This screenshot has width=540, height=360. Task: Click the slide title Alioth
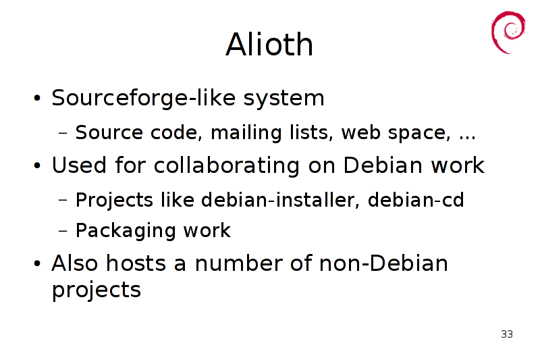269,44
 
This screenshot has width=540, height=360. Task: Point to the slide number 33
507,334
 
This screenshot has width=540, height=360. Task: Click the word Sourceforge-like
144,98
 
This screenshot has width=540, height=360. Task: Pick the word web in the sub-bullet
360,132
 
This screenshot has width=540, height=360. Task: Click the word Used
79,165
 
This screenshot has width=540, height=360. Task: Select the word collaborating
227,166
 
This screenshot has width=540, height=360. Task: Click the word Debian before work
383,165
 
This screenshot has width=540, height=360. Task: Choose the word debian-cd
416,200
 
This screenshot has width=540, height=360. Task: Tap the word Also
75,263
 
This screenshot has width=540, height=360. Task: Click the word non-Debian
383,263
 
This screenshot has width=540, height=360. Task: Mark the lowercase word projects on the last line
97,290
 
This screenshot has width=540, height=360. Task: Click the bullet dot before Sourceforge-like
37,98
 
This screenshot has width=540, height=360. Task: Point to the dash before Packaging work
63,230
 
